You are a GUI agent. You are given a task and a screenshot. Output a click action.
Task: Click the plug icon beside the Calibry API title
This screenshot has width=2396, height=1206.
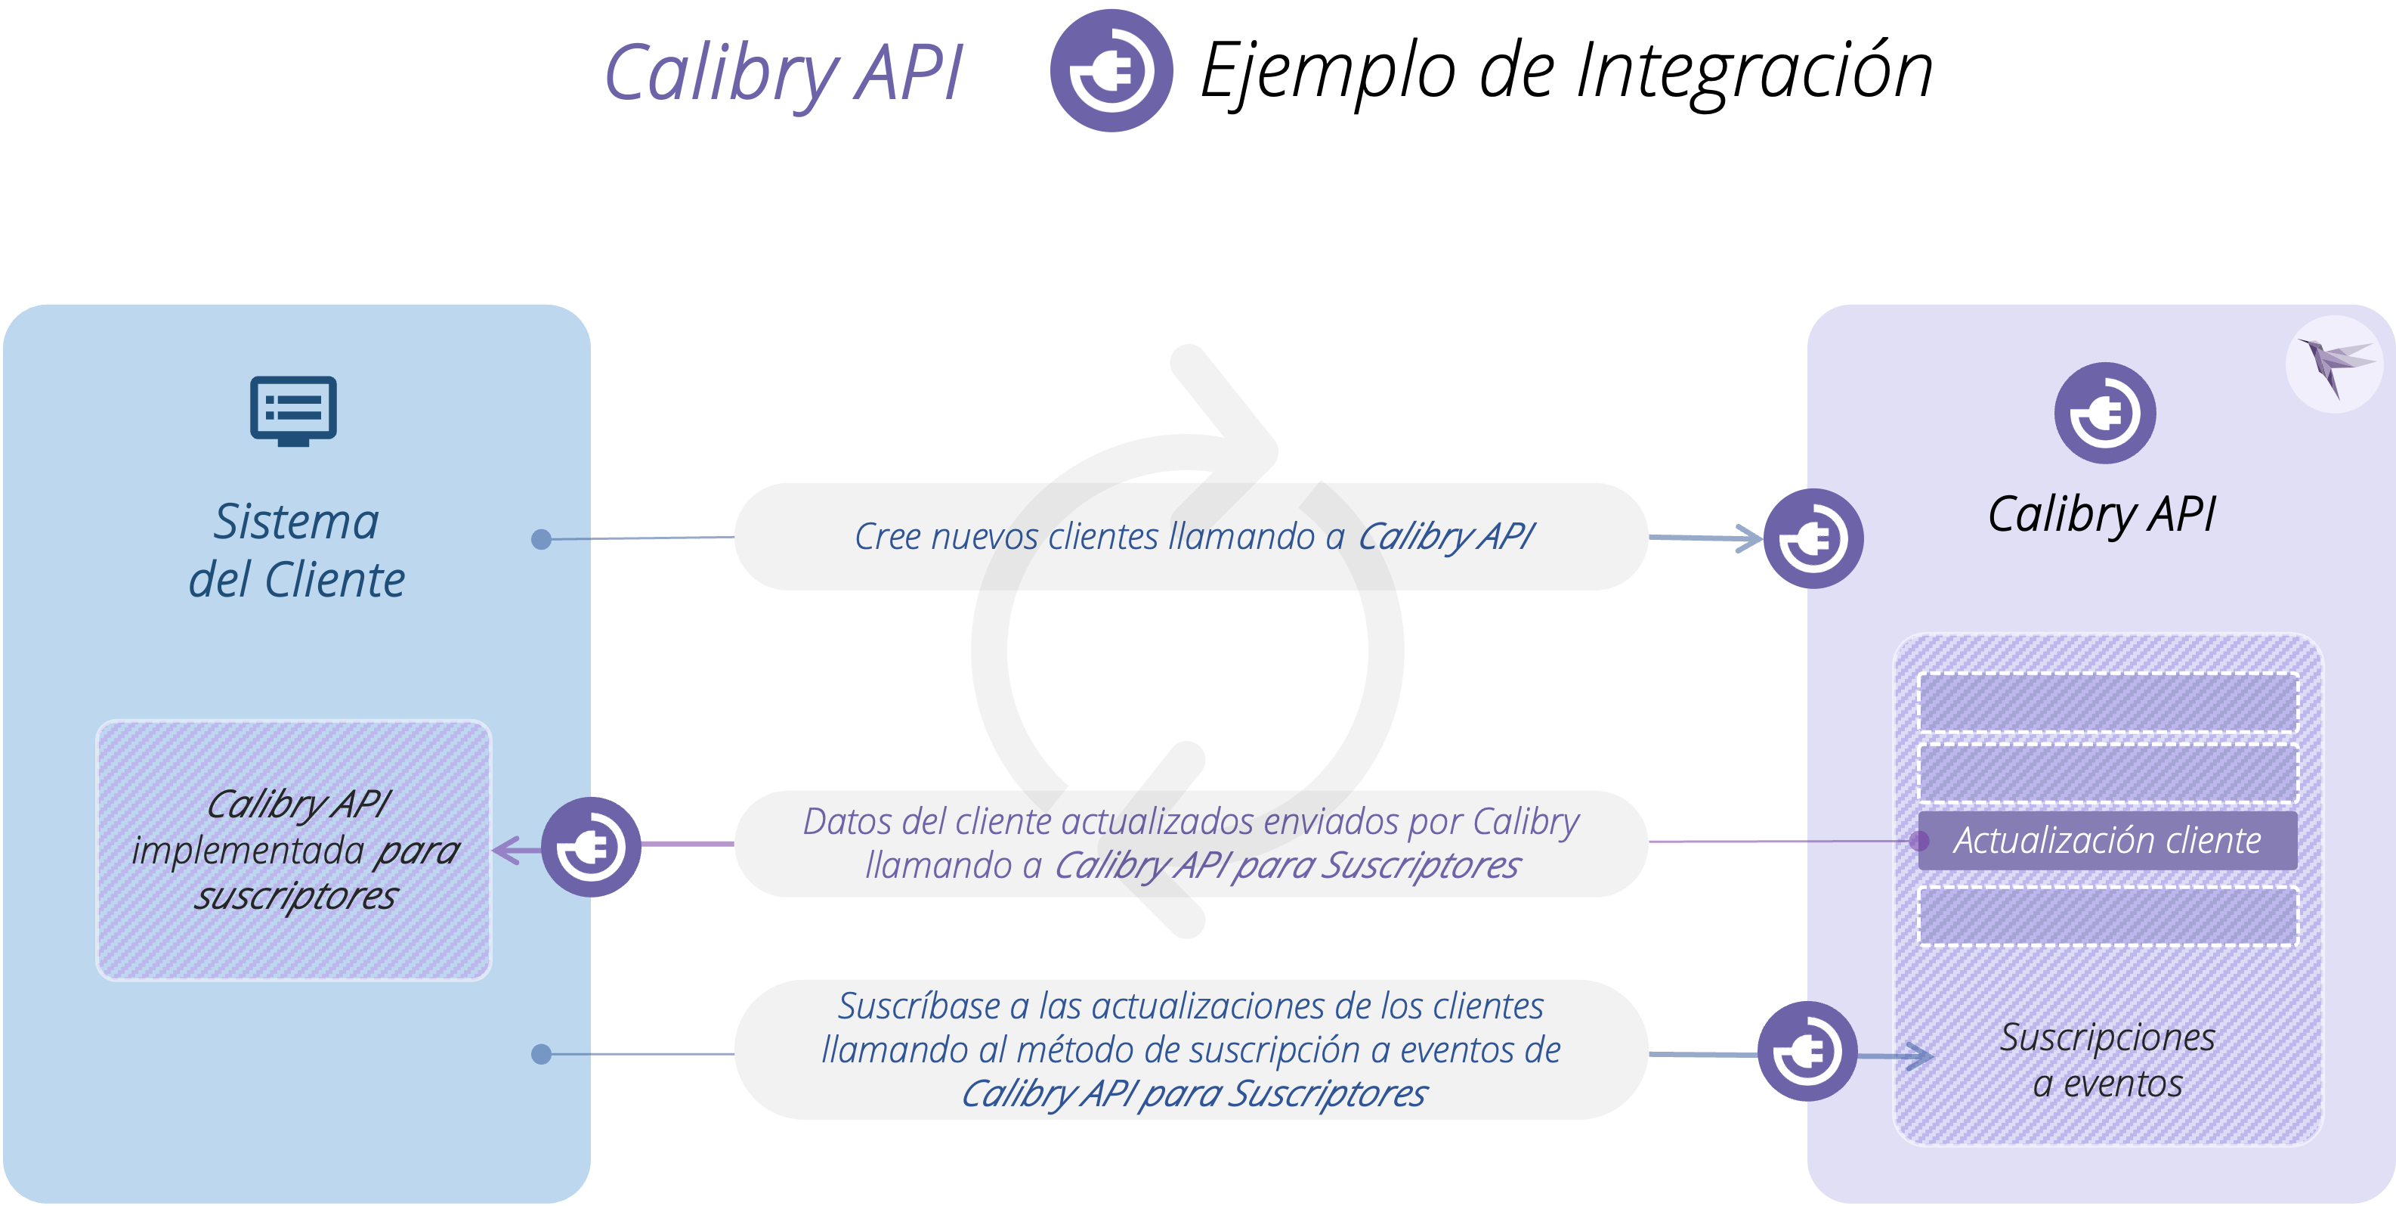click(1111, 71)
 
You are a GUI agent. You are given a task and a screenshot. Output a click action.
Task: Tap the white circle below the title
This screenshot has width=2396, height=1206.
click(955, 258)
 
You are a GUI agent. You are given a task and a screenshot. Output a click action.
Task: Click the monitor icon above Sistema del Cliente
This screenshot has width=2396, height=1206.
click(293, 411)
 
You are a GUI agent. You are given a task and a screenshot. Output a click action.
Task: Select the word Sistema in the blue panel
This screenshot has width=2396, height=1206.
click(295, 521)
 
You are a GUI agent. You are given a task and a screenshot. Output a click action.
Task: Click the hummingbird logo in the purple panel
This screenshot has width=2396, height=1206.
click(2335, 363)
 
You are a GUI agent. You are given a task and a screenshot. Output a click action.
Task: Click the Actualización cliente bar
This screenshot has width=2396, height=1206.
click(2107, 840)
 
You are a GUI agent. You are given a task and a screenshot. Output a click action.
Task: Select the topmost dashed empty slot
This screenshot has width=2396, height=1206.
click(2107, 702)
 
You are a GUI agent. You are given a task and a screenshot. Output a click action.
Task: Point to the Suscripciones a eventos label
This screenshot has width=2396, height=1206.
click(2107, 1059)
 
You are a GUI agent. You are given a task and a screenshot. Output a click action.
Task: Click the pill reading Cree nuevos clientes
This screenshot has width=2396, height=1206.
click(1191, 537)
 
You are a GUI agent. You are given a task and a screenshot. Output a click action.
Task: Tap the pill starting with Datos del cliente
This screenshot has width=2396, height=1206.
click(1191, 843)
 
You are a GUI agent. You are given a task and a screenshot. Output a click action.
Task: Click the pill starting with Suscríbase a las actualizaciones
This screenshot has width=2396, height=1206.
click(1191, 1049)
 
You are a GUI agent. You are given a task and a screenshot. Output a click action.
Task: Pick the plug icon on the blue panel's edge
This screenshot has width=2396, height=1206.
click(591, 847)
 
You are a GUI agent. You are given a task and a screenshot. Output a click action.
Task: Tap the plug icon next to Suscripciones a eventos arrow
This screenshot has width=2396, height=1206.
click(1807, 1052)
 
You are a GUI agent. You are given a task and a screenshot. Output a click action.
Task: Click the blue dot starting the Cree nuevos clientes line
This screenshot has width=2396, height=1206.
click(540, 539)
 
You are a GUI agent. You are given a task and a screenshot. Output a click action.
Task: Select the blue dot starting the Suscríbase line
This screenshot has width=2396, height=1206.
click(540, 1053)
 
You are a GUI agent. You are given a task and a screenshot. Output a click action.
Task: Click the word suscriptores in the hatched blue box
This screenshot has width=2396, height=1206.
click(295, 896)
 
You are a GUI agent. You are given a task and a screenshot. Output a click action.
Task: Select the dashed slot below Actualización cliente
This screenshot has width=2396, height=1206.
click(2107, 916)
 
